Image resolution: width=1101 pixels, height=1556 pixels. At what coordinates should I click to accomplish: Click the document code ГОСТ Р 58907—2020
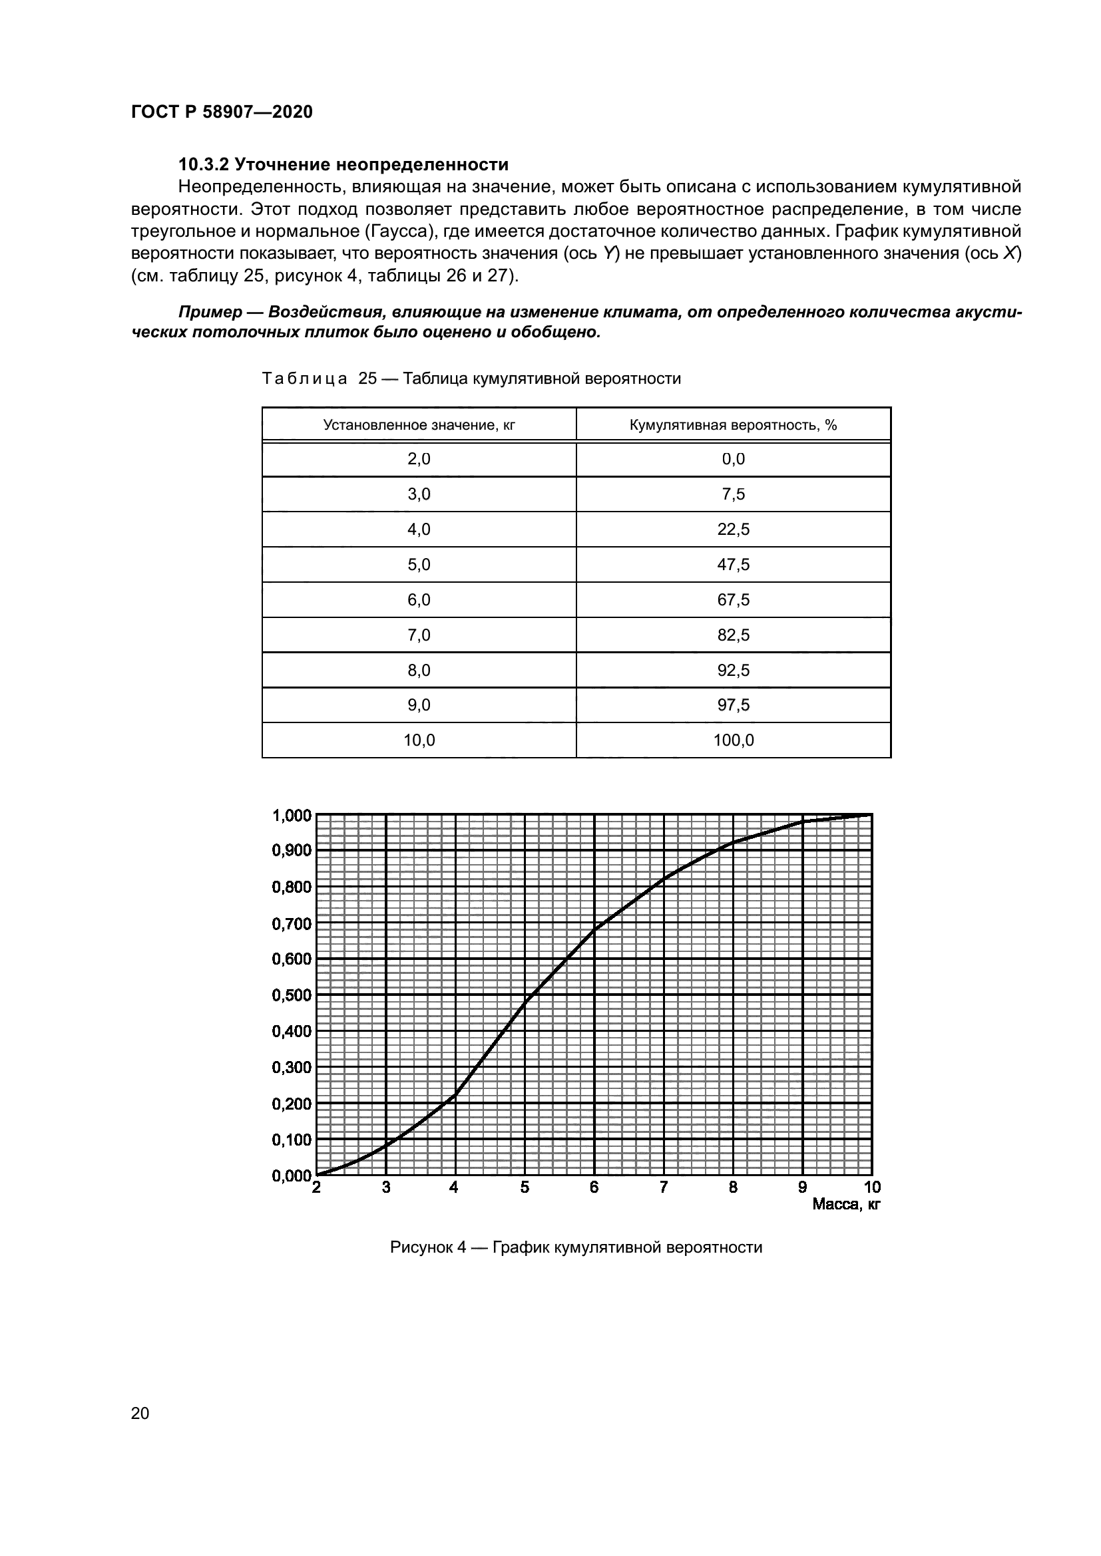222,112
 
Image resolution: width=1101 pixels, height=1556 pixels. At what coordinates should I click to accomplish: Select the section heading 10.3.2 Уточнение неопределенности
343,165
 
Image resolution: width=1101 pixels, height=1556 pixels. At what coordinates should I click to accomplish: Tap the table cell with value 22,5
733,530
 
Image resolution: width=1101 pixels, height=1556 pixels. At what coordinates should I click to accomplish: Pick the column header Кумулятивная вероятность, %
733,425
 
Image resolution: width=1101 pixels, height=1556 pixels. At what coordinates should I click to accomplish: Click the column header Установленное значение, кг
419,425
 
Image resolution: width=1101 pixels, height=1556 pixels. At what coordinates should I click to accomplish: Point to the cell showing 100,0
733,740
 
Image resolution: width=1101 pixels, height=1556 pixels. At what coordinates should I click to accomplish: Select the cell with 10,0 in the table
419,740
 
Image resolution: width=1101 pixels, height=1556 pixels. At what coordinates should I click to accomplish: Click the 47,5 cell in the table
733,565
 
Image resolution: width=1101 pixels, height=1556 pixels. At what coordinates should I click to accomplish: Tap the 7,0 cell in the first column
419,635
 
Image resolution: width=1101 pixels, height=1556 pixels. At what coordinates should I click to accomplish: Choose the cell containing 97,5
733,704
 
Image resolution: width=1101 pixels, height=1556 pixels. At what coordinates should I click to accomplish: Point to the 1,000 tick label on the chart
292,816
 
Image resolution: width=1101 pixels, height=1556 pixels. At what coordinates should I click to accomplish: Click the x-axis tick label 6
594,1187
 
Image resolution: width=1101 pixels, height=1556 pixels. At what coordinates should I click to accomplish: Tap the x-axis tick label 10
872,1187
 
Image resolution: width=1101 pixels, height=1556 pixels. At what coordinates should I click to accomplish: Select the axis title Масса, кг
845,1204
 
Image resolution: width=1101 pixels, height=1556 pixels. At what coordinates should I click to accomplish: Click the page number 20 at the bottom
140,1413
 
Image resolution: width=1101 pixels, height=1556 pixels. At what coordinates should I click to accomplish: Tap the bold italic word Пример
210,313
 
